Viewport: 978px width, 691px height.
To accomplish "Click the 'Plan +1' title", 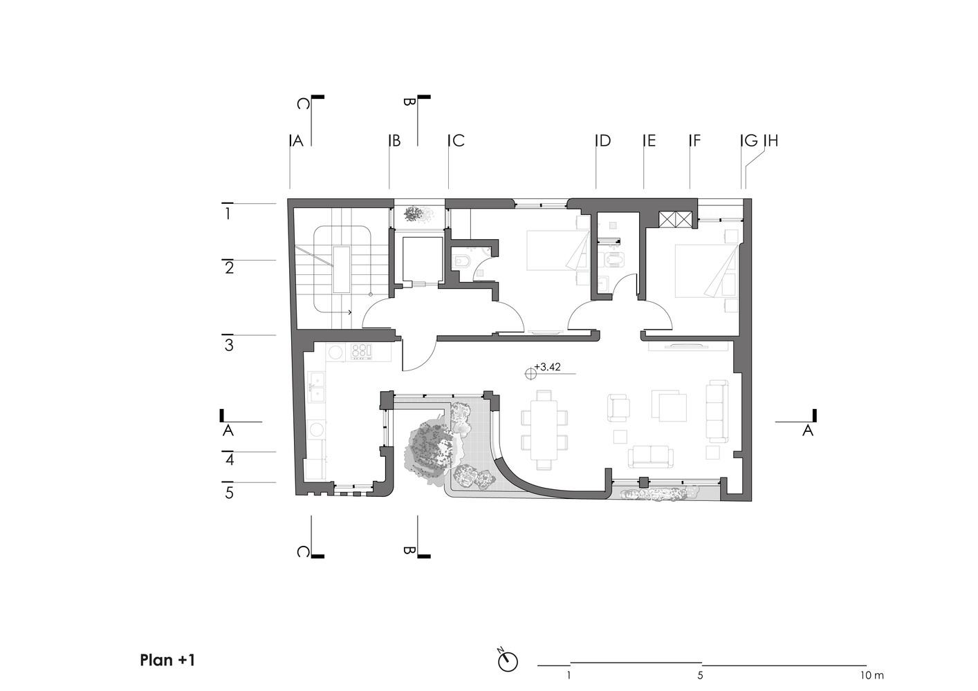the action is [x=167, y=660].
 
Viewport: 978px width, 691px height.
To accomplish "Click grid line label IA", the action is [x=297, y=140].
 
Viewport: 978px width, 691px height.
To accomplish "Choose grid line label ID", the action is [x=603, y=140].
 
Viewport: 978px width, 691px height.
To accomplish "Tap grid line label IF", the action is [x=694, y=140].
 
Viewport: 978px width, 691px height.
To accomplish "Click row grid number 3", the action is [x=229, y=345].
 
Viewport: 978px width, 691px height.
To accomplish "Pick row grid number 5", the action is [x=229, y=493].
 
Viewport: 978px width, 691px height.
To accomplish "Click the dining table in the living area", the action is [x=544, y=430].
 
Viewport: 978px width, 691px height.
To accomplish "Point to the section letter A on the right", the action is [x=808, y=430].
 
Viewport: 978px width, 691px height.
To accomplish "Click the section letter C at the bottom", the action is [x=303, y=552].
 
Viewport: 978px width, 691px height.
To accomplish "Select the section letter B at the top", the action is [x=409, y=102].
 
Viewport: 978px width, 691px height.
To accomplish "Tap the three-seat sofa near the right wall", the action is [x=717, y=411].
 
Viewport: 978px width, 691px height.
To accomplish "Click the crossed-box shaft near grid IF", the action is [x=674, y=219].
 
